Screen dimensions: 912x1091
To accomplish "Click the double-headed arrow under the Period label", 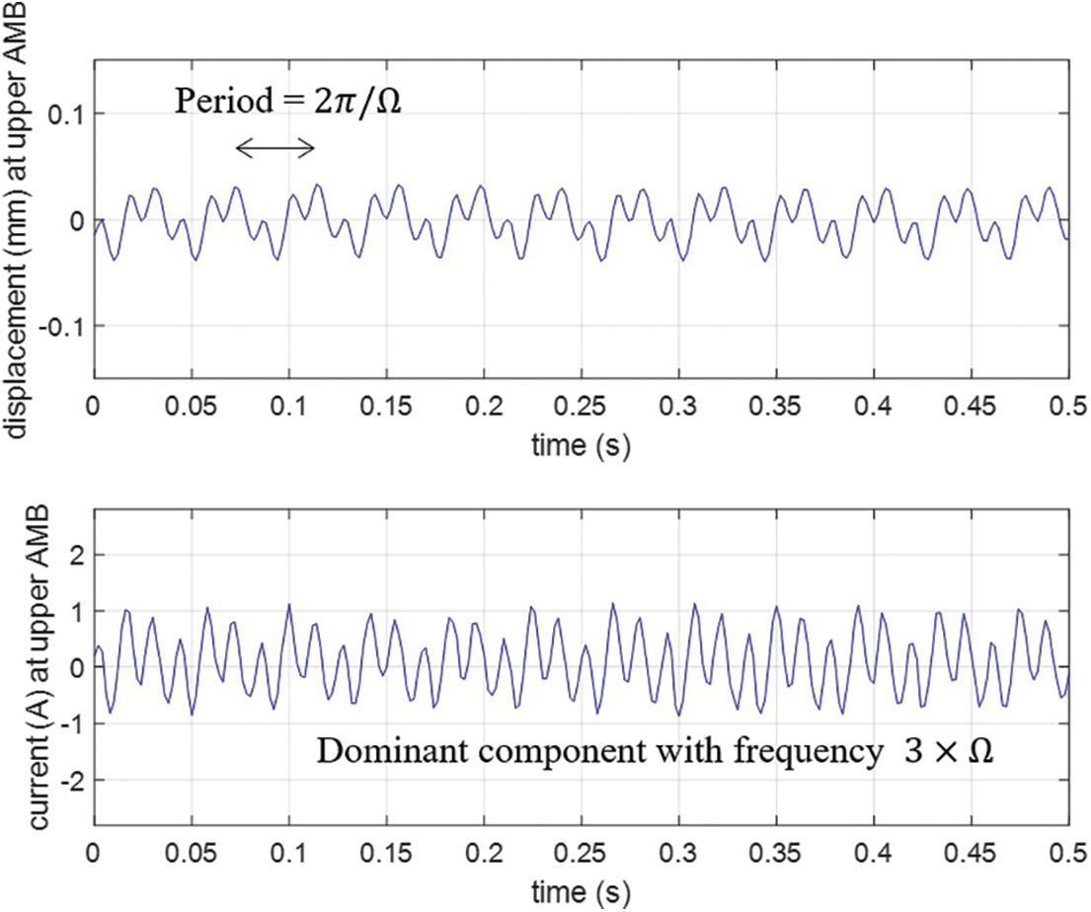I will pyautogui.click(x=275, y=149).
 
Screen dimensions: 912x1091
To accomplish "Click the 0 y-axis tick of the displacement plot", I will pyautogui.click(x=74, y=219).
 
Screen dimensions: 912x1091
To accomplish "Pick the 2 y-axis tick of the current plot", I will pyautogui.click(x=74, y=556).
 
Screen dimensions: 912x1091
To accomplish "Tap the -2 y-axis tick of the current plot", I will pyautogui.click(x=69, y=780).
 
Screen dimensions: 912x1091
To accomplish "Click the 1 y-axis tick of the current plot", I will pyautogui.click(x=74, y=612).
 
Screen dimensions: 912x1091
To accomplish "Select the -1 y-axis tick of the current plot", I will pyautogui.click(x=69, y=723).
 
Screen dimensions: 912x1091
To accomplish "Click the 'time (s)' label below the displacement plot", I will pyautogui.click(x=581, y=446).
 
